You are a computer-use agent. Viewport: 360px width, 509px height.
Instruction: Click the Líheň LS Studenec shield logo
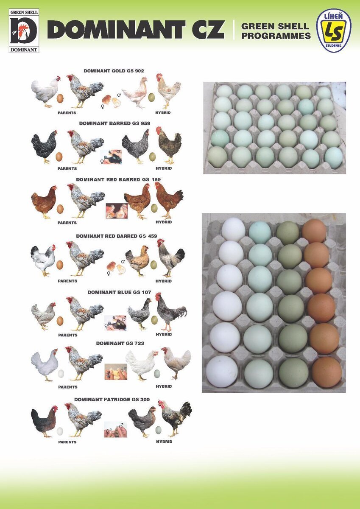(333, 31)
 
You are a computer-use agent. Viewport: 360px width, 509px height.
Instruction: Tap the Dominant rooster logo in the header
(24, 31)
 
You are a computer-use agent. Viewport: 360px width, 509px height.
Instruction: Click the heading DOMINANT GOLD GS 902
(114, 71)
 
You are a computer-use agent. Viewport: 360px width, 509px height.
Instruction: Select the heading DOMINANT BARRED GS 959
(114, 123)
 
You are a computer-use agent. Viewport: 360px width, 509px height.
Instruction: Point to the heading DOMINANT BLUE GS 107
(119, 292)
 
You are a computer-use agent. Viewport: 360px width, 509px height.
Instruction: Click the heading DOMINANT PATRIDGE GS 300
(112, 400)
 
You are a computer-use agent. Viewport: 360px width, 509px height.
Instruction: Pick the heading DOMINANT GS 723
(120, 343)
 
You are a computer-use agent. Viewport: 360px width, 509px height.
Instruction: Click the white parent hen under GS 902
(46, 92)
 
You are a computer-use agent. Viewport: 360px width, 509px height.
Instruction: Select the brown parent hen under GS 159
(44, 202)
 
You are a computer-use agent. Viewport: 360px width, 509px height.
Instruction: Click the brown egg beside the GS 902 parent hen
(60, 98)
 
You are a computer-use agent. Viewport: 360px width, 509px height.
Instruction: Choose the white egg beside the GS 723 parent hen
(61, 374)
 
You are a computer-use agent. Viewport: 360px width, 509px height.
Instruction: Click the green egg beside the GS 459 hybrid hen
(153, 265)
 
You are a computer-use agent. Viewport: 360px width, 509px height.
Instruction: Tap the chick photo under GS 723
(116, 372)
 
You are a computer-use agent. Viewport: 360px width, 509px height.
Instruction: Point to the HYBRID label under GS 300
(164, 442)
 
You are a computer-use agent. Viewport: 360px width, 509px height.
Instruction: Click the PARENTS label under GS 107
(68, 335)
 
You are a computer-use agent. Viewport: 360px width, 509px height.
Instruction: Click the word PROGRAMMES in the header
(276, 36)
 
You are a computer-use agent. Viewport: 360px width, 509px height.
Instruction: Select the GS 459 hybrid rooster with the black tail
(171, 258)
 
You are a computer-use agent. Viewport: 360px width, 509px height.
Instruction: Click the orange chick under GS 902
(106, 99)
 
